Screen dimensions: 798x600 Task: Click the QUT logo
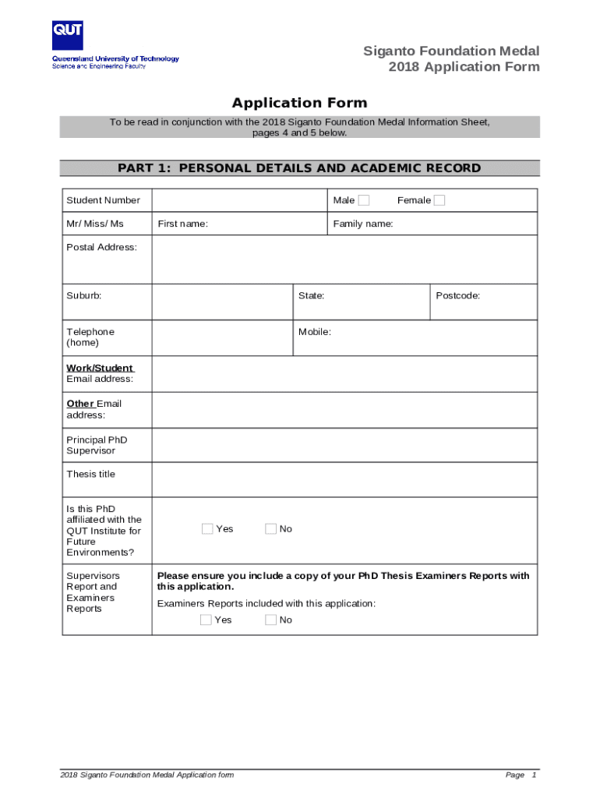click(x=68, y=36)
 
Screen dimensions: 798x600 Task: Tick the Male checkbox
click(x=364, y=200)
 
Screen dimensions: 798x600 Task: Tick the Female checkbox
click(x=439, y=200)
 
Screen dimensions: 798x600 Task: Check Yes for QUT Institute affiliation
click(x=207, y=528)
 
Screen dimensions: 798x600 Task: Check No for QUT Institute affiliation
click(x=271, y=528)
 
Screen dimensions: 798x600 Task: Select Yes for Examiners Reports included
click(x=206, y=620)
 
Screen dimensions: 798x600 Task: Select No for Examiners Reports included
click(x=271, y=620)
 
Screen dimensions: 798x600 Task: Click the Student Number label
click(x=103, y=200)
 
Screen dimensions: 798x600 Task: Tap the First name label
click(x=182, y=224)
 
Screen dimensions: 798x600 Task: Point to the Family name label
click(x=363, y=224)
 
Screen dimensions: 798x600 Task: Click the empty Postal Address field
click(x=344, y=260)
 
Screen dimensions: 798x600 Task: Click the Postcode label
click(x=457, y=296)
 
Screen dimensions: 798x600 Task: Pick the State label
click(x=311, y=296)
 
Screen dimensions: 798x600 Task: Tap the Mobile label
click(x=315, y=332)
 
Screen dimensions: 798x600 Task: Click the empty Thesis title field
click(x=344, y=479)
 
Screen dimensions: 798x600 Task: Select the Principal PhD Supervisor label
click(x=97, y=445)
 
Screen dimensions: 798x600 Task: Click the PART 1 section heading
click(x=299, y=168)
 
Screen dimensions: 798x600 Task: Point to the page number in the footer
click(x=534, y=775)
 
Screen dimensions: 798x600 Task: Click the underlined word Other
click(x=79, y=404)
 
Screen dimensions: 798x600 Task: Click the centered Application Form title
click(x=299, y=103)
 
